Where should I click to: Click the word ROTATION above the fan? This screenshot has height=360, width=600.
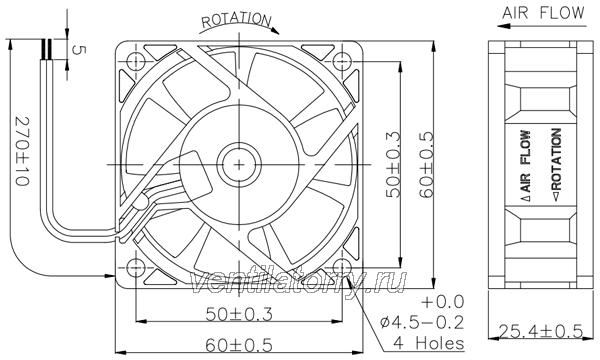(x=236, y=20)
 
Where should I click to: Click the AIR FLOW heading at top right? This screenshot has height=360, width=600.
(x=543, y=13)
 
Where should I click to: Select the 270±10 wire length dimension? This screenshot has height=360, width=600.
(x=22, y=151)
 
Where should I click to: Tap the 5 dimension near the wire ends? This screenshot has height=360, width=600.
(x=77, y=50)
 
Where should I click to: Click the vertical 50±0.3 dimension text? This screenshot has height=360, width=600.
(x=393, y=165)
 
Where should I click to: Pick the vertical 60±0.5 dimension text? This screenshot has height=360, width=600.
(x=426, y=165)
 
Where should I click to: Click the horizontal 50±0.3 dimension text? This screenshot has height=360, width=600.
(x=239, y=314)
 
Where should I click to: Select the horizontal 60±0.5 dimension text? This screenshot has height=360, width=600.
(x=239, y=345)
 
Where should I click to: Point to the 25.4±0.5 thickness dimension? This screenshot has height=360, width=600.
(x=540, y=331)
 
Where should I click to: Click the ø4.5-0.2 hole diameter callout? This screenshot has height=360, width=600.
(x=422, y=323)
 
